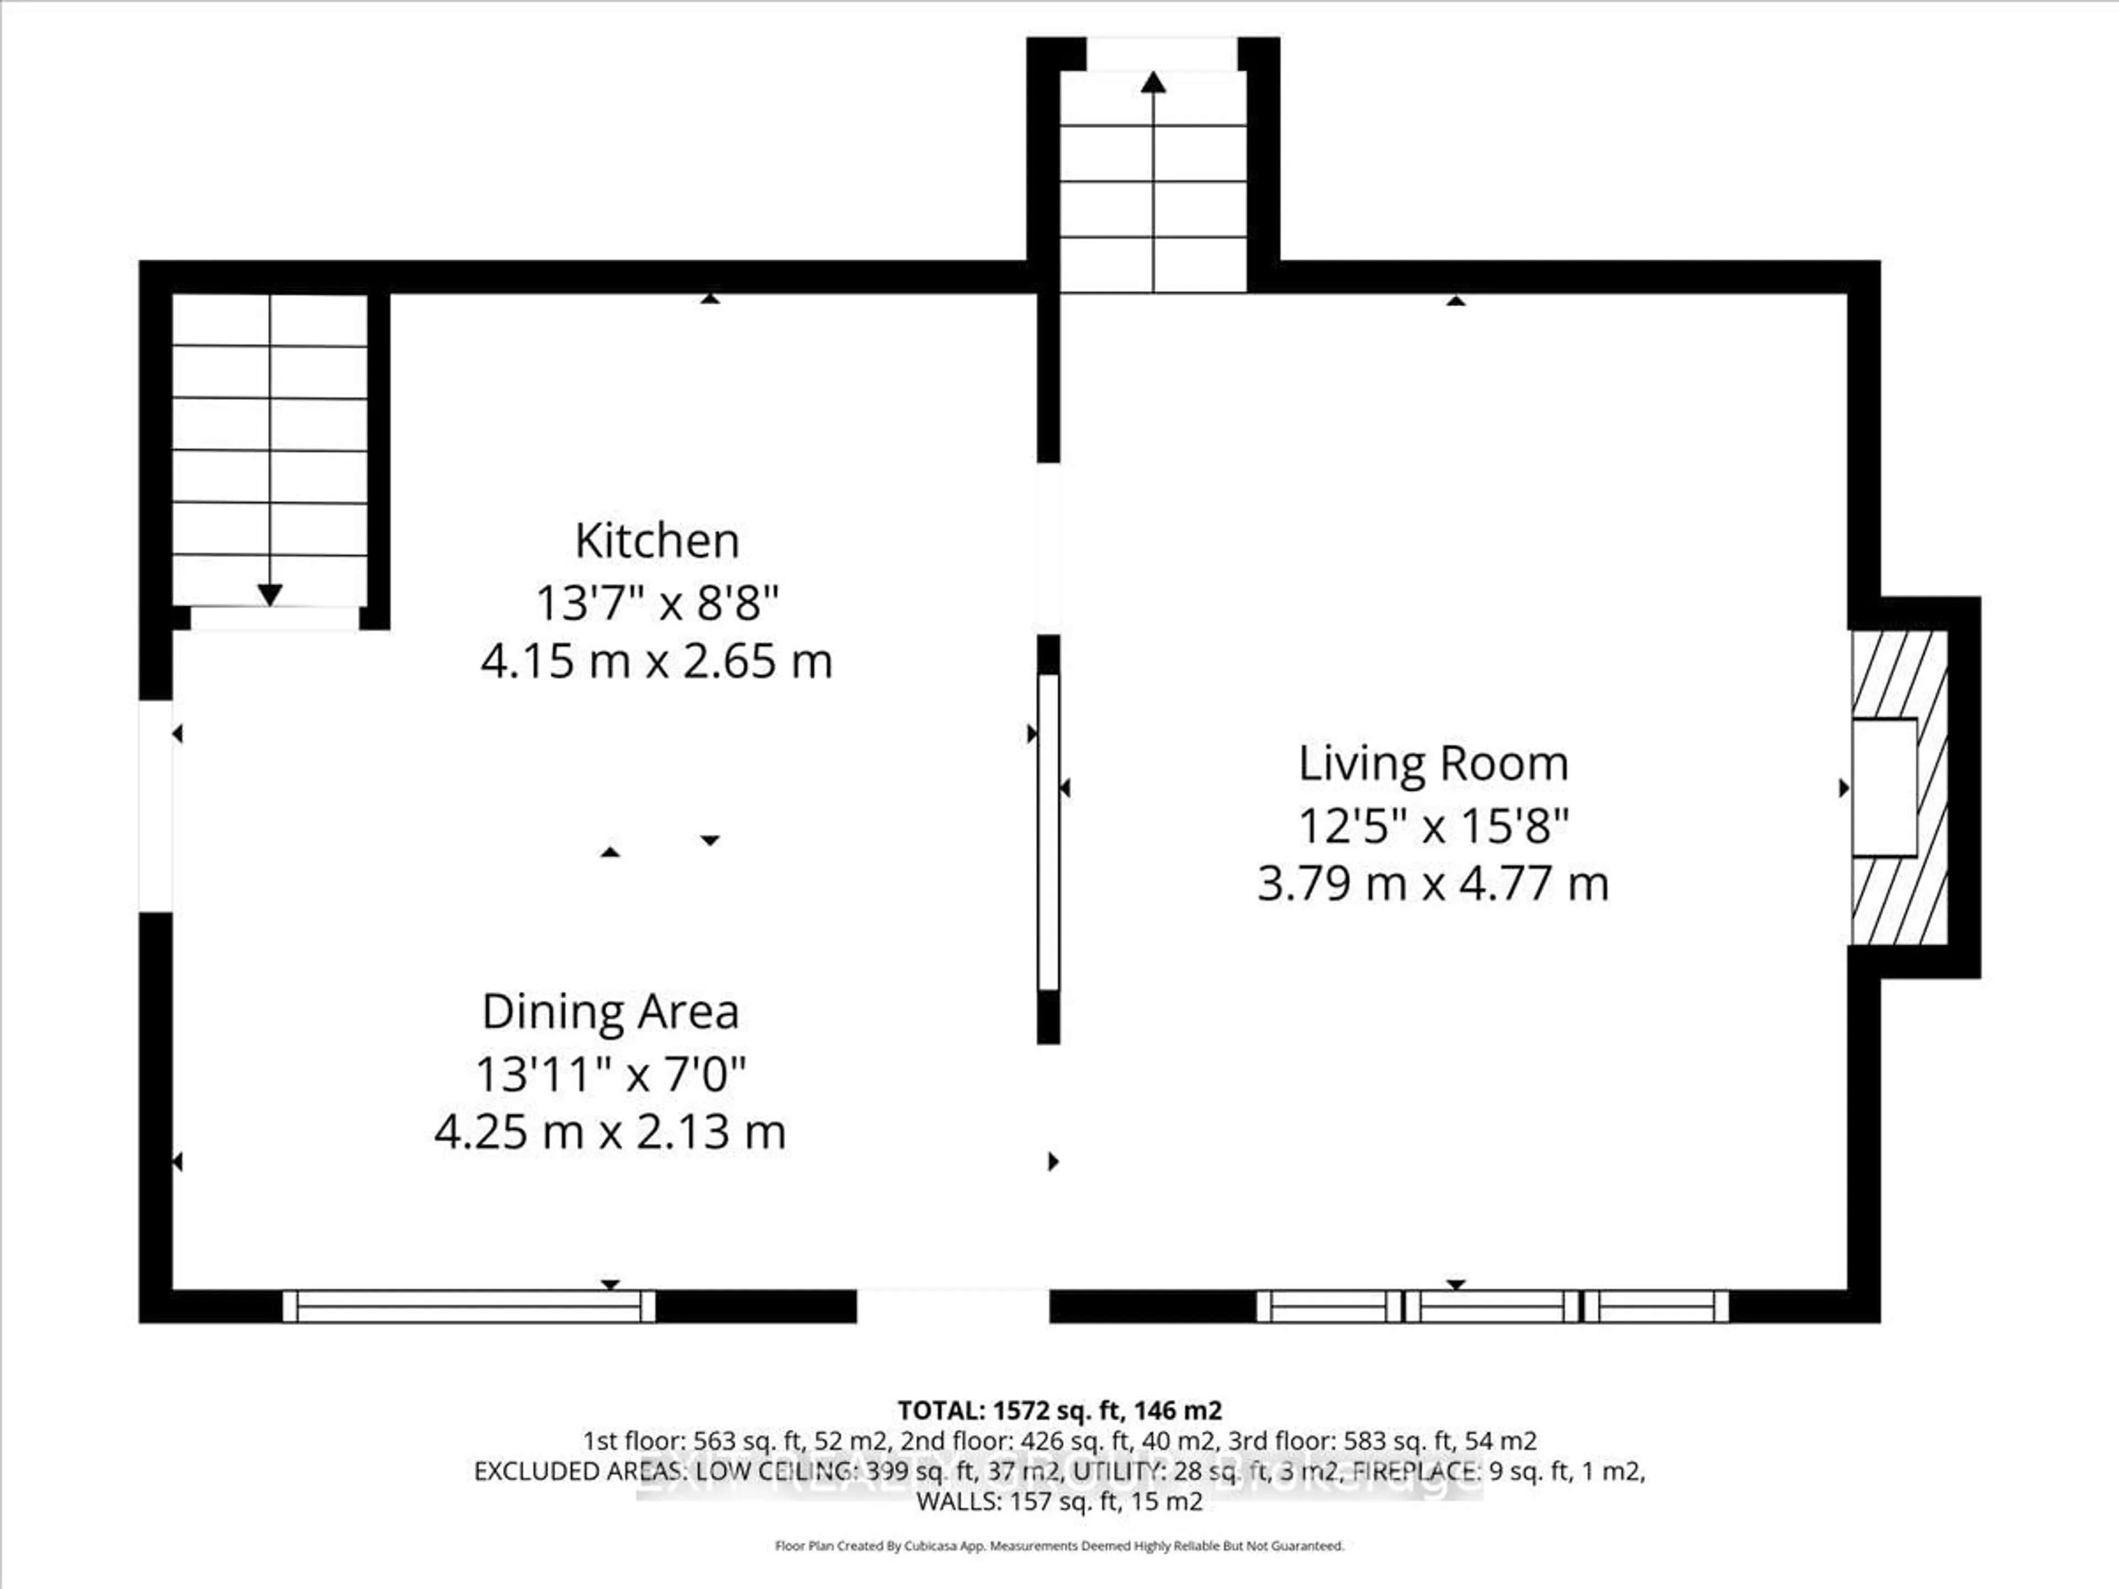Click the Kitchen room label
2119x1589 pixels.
click(657, 541)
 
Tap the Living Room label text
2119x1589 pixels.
click(1433, 764)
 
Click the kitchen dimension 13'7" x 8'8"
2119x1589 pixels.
click(657, 604)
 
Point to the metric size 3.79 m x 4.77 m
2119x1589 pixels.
click(1433, 883)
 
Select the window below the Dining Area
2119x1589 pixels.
click(468, 1307)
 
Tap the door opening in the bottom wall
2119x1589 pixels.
click(953, 1307)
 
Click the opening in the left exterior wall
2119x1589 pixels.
click(155, 806)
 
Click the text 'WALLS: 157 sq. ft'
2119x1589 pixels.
click(1018, 1501)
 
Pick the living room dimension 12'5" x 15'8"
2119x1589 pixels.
click(1433, 825)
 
